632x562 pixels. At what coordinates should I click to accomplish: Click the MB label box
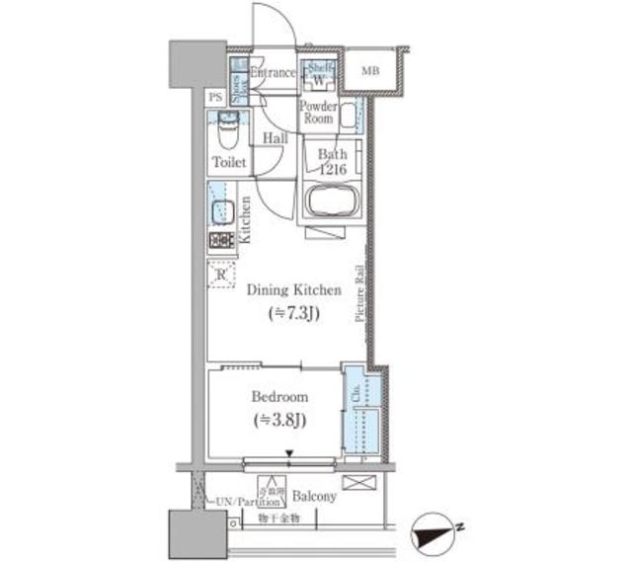click(370, 71)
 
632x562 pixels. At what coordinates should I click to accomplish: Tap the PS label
click(215, 97)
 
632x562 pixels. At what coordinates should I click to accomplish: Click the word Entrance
click(272, 73)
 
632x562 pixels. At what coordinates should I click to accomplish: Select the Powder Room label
click(318, 112)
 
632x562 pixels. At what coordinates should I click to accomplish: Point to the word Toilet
click(229, 161)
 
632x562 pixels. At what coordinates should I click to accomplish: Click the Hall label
click(276, 139)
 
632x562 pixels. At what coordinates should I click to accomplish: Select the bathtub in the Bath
click(334, 202)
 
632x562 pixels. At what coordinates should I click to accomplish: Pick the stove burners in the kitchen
click(220, 240)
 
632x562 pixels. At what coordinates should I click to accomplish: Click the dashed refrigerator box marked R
click(221, 274)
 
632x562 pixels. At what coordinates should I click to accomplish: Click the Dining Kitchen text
click(293, 290)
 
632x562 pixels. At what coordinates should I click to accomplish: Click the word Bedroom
click(279, 396)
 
